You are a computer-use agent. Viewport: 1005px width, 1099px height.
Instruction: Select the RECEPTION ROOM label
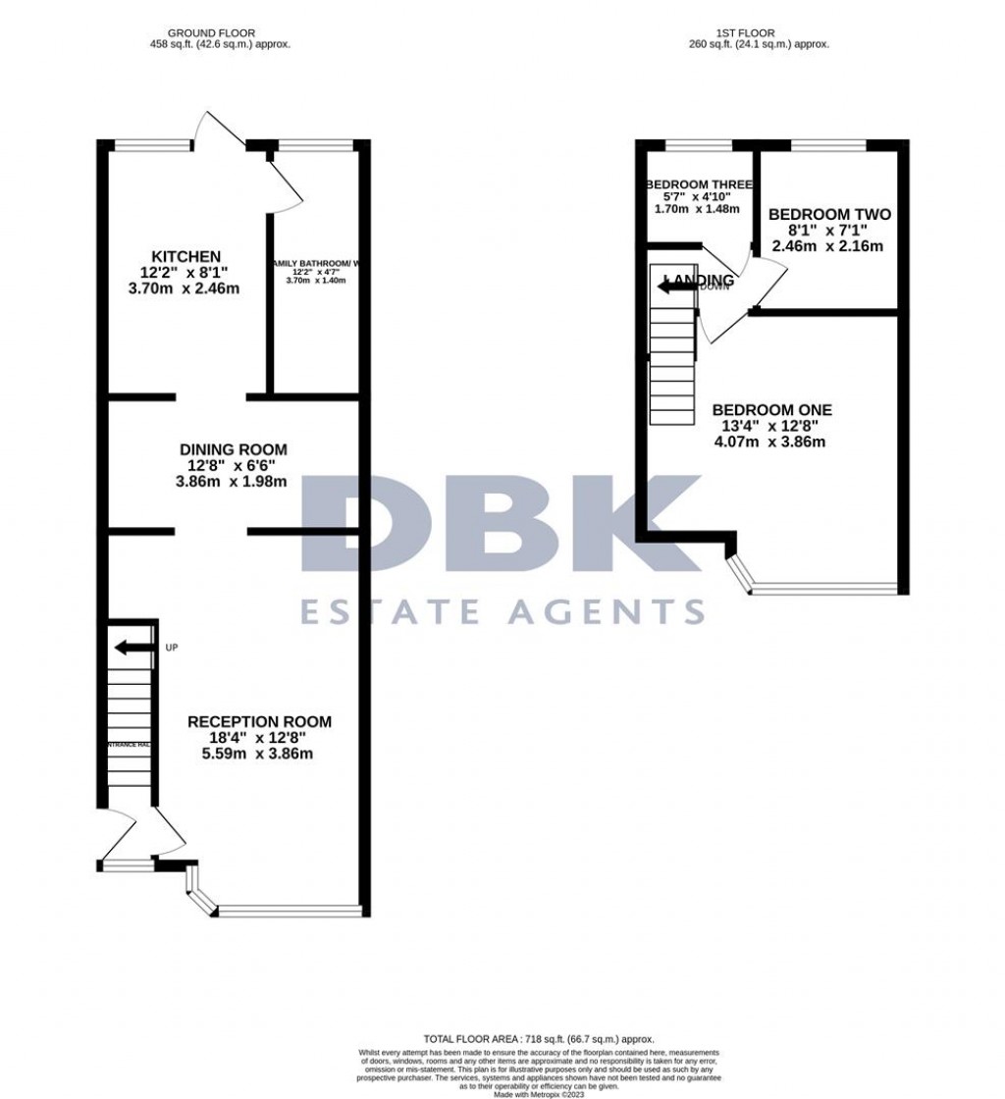click(x=260, y=722)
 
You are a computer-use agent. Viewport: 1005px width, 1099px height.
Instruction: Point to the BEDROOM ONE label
click(x=771, y=410)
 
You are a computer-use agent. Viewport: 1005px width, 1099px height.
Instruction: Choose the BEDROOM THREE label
click(x=699, y=185)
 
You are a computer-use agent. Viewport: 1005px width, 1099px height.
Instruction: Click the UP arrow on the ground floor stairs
click(x=133, y=647)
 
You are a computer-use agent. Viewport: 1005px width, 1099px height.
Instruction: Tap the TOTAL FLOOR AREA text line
click(x=539, y=1039)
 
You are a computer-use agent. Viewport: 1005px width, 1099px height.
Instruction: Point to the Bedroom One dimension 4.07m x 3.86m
click(x=771, y=442)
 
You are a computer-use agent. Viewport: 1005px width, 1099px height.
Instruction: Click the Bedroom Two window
click(x=828, y=147)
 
